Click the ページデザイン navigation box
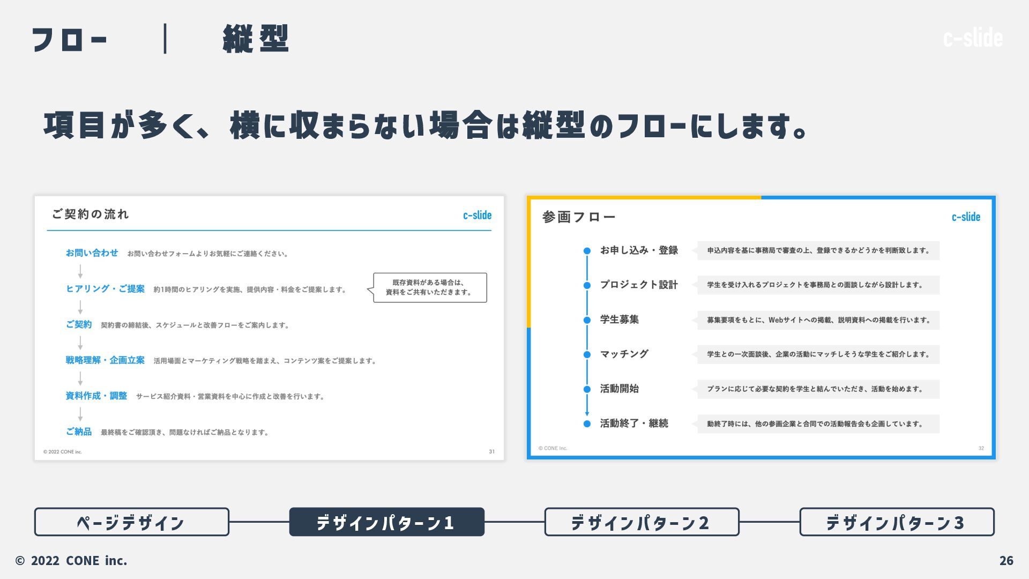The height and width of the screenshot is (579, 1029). point(131,522)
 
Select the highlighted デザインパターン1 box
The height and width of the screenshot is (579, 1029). point(386,522)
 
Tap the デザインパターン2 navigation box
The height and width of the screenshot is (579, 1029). point(642,522)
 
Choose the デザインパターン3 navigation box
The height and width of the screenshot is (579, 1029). point(897,522)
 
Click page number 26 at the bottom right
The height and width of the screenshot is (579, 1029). point(1006,560)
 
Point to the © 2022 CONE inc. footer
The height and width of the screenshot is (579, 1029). point(71,560)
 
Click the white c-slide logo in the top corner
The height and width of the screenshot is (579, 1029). point(973,38)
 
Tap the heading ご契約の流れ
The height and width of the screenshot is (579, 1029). point(91,214)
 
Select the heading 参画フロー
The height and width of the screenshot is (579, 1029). point(578,217)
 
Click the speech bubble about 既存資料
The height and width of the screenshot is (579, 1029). point(430,288)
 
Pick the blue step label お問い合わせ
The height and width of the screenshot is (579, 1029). point(92,253)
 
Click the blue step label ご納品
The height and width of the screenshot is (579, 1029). point(79,432)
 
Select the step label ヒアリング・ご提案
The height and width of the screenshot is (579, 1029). point(105,289)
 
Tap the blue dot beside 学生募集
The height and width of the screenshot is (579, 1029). point(587,320)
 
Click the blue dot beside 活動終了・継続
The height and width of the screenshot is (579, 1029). point(587,424)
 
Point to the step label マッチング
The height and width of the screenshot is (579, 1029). point(624,354)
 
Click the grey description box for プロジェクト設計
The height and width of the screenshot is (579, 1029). point(818,285)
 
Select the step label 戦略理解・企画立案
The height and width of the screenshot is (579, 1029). point(105,360)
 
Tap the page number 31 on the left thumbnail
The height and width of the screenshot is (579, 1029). point(491,451)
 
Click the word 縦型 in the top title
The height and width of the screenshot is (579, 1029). point(256,39)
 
